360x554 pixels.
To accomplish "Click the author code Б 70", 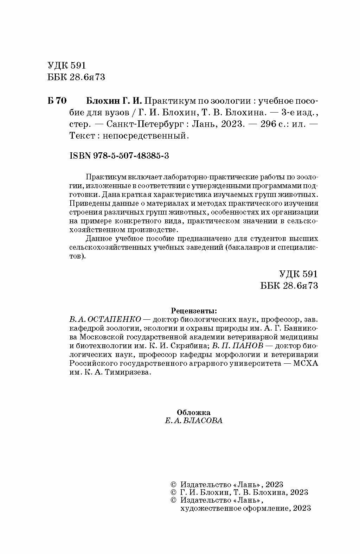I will click(x=56, y=101).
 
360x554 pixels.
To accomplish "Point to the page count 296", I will click(x=268, y=124).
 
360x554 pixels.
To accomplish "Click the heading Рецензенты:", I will click(x=194, y=311).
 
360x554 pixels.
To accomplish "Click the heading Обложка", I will click(x=194, y=412).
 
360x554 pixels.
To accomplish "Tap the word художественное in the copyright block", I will click(x=208, y=508).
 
